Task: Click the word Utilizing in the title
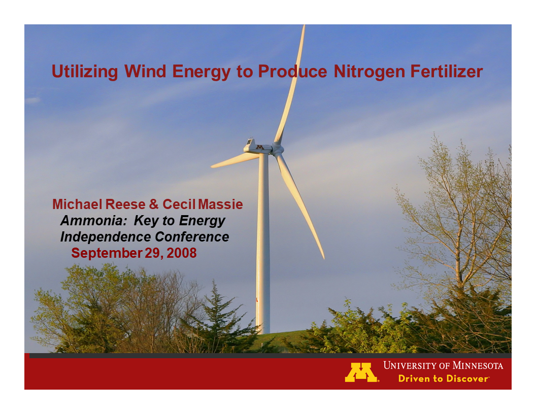click(x=85, y=72)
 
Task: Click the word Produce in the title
click(x=292, y=72)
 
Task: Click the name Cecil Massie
click(x=203, y=204)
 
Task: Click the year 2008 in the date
click(x=182, y=253)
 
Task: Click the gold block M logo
click(x=361, y=372)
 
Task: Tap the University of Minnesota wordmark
click(x=443, y=365)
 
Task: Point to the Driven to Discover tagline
click(x=443, y=378)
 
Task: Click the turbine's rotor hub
click(x=277, y=149)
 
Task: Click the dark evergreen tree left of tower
click(x=218, y=320)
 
